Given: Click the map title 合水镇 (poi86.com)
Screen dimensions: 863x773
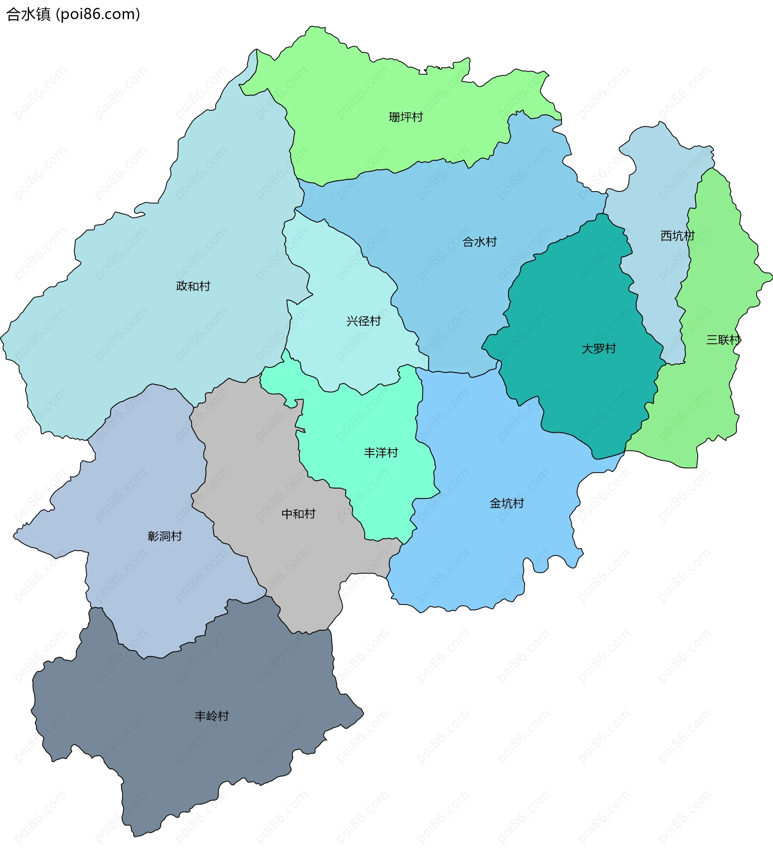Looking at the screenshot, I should click(73, 14).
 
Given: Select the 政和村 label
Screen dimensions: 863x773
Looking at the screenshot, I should click(193, 286).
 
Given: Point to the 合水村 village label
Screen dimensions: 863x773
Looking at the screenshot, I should click(480, 242).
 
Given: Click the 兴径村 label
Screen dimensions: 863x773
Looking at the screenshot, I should click(364, 321).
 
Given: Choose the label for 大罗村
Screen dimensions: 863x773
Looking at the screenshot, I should click(598, 349).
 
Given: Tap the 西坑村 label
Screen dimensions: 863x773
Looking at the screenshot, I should click(678, 236).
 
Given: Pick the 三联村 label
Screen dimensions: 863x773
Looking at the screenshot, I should click(723, 340).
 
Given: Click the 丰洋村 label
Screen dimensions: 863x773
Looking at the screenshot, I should click(381, 453).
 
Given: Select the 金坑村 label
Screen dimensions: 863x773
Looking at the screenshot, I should click(507, 504).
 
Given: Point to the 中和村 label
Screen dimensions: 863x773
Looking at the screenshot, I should click(299, 514).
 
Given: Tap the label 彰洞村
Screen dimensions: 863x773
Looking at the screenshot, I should click(165, 537).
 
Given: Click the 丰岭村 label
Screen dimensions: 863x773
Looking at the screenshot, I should click(211, 716).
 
